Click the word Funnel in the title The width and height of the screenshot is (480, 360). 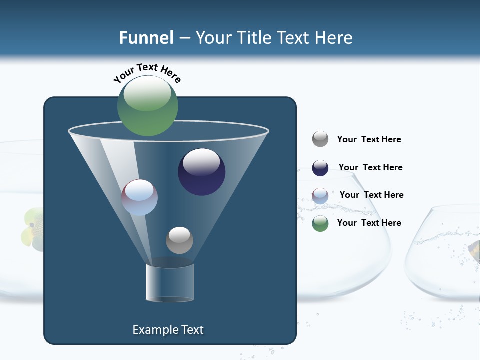pos(146,37)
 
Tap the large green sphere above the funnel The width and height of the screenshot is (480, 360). pos(148,106)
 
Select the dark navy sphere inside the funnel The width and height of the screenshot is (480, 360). pos(202,172)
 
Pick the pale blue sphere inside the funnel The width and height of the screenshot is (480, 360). pos(140,197)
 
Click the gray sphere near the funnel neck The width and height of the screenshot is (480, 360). pos(179,240)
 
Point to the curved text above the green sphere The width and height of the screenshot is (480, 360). pos(147,72)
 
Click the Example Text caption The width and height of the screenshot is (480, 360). pos(168,330)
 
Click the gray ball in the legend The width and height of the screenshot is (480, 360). pos(320,139)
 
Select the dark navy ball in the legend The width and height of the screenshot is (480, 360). pos(320,168)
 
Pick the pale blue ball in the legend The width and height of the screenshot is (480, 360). pos(320,196)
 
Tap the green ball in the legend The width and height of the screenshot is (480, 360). pos(320,223)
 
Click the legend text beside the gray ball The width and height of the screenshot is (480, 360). pos(369,139)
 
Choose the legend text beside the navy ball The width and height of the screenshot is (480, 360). pos(370,167)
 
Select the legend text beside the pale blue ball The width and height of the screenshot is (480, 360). pos(371,195)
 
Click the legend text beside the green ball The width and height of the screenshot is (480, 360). pos(369,223)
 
